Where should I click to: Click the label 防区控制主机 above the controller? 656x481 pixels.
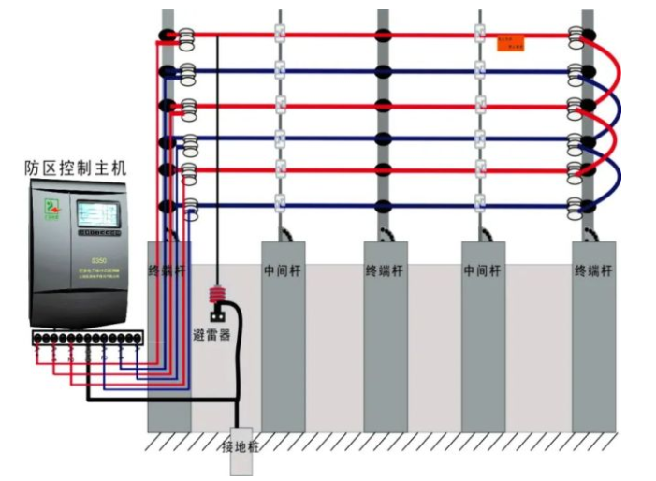click(75, 168)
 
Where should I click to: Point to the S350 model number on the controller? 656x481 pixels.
click(97, 260)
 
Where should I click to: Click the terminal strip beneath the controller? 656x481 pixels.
click(88, 335)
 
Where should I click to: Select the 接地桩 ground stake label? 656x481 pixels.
click(241, 447)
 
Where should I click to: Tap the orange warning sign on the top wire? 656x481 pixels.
click(510, 43)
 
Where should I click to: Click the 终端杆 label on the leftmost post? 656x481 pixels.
click(168, 270)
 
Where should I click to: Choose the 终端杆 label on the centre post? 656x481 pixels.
click(385, 270)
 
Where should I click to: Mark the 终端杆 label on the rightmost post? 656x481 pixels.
click(593, 270)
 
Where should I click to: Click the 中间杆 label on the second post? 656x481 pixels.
click(282, 270)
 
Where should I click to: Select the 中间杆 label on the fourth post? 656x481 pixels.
click(483, 270)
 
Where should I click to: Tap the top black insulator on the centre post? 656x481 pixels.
click(384, 36)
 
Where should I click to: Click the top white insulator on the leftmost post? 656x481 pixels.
click(186, 36)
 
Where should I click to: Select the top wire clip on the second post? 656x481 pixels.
click(279, 36)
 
